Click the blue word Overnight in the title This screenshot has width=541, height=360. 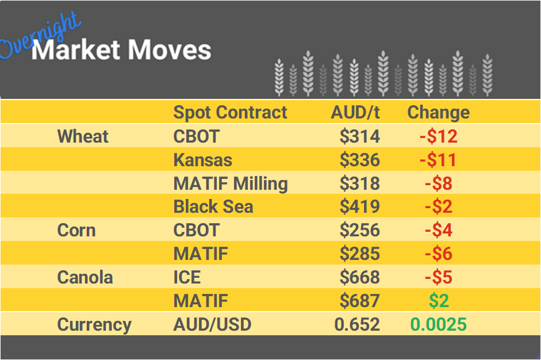(40, 36)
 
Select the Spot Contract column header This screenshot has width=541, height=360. (230, 112)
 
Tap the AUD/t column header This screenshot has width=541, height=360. (355, 112)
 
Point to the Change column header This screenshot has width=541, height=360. (438, 112)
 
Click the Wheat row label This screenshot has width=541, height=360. (83, 136)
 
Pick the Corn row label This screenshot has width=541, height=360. (76, 230)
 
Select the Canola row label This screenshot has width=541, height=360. (85, 277)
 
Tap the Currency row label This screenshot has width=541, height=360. (94, 324)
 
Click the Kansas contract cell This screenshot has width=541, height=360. (203, 160)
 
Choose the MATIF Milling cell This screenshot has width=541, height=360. (231, 183)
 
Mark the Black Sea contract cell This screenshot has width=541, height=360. (213, 206)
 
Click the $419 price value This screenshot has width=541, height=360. (359, 206)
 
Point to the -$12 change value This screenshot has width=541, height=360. (438, 136)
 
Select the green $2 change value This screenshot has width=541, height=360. (439, 301)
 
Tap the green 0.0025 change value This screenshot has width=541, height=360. (438, 324)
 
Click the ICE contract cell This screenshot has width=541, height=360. (187, 277)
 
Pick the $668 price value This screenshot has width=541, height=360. (359, 277)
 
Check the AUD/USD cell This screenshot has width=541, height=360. (212, 324)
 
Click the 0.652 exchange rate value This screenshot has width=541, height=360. (357, 324)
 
